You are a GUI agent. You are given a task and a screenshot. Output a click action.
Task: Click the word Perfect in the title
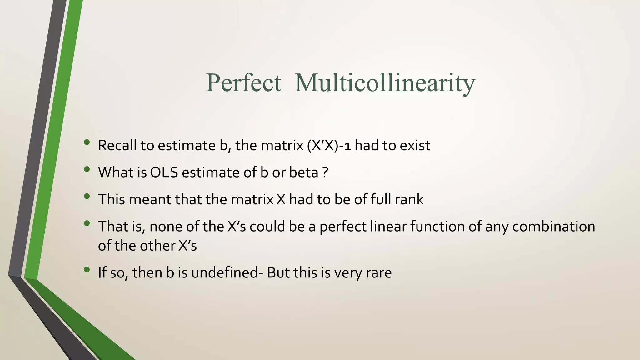[x=243, y=83]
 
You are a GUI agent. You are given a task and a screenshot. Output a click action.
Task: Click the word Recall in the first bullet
[x=117, y=145]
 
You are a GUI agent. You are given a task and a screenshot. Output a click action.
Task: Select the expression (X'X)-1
[x=329, y=145]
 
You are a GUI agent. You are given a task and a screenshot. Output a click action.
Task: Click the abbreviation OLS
[x=164, y=172]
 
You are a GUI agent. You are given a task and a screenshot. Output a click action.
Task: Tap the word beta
[x=303, y=172]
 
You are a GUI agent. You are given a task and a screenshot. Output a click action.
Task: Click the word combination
[x=553, y=226]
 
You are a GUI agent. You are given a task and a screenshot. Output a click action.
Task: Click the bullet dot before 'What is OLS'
[x=87, y=170]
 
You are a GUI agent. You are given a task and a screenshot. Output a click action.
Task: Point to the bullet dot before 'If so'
[x=87, y=269]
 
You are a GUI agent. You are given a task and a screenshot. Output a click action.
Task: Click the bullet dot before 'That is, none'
[x=87, y=223]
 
